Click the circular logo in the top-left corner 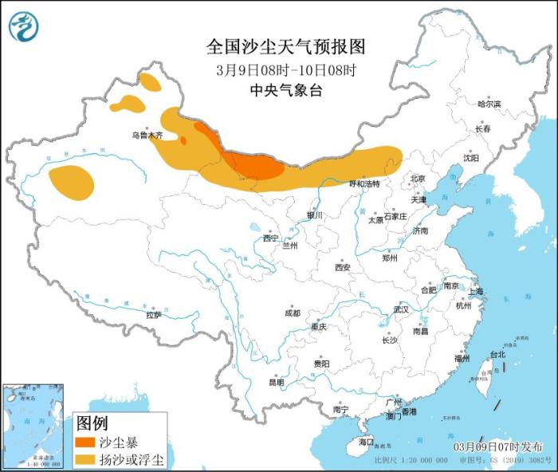coord(24,26)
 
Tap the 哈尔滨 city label coord(489,104)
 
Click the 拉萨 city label coord(153,315)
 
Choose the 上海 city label coord(476,291)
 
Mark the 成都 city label coord(292,313)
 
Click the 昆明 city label coord(276,382)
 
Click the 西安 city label coord(343,268)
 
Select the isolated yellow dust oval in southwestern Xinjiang coord(71,181)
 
